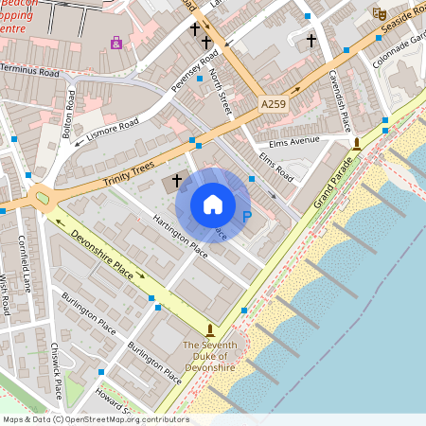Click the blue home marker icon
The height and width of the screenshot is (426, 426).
tap(213, 204)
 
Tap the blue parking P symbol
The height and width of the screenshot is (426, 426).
tap(248, 217)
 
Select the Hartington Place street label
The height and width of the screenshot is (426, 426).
tap(179, 236)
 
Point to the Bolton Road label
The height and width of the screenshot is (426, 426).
tap(69, 114)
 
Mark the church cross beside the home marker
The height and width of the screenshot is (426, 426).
tap(176, 180)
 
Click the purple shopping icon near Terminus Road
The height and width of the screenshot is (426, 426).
tap(116, 42)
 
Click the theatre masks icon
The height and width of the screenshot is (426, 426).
tap(380, 13)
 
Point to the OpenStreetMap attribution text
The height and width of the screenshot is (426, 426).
tap(95, 419)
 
